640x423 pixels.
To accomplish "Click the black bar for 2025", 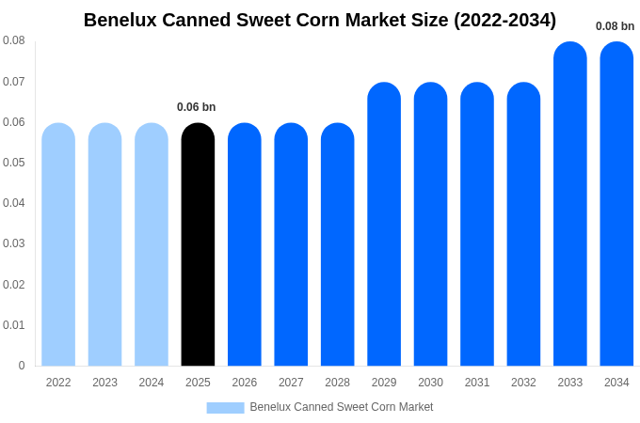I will point(198,244).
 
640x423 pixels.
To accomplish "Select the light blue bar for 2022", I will point(58,244).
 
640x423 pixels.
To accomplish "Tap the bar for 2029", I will point(384,226).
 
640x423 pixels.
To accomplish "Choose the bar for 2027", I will point(291,244).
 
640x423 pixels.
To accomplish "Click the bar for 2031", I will point(477,226).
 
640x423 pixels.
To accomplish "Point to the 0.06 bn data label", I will point(197,107).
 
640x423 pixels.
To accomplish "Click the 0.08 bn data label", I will point(615,26).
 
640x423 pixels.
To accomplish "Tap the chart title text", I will point(320,20).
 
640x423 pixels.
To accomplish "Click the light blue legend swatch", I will point(225,408).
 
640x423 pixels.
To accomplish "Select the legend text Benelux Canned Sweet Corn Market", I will point(342,407).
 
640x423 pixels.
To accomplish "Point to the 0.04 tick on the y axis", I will point(14,203).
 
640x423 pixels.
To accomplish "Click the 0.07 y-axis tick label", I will point(14,82).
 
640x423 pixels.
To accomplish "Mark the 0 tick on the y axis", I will point(22,366).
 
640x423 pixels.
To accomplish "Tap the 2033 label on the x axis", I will point(569,383).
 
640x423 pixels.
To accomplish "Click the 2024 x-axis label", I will point(152,383).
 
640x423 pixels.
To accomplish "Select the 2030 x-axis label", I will point(430,383).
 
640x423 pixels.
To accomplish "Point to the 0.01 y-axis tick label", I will point(14,325).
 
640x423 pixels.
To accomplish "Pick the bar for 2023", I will point(104,244).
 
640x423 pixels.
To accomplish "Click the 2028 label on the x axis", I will point(337,383).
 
